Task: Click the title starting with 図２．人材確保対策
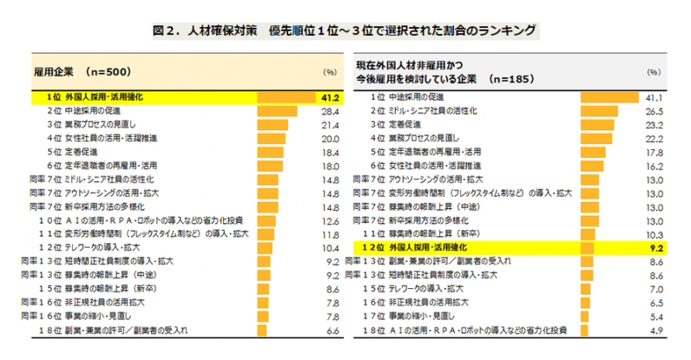click(345, 32)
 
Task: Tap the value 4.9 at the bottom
click(657, 331)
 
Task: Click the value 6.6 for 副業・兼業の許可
click(331, 331)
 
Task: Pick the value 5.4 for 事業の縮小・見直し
click(657, 317)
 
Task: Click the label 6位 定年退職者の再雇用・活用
click(102, 165)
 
